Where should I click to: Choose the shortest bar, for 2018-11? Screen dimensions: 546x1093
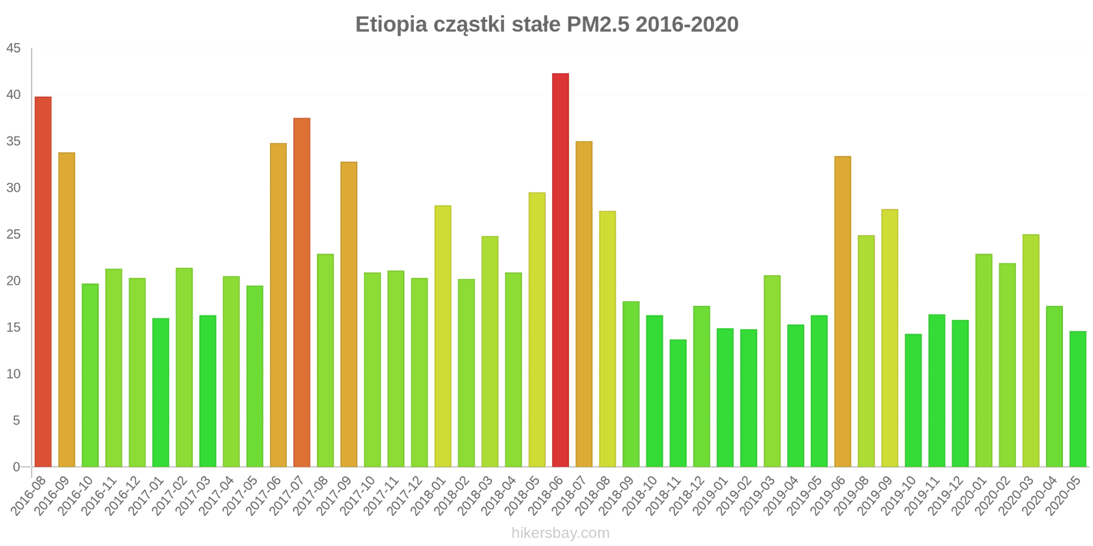click(678, 403)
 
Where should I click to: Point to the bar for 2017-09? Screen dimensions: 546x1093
click(348, 314)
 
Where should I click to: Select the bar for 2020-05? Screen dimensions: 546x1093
click(1077, 399)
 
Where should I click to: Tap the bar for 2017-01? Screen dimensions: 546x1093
click(161, 392)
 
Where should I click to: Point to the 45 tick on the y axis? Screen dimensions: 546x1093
click(14, 48)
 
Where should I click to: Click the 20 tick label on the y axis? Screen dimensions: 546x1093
click(14, 281)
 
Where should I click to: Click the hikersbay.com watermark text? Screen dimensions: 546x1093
click(560, 533)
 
